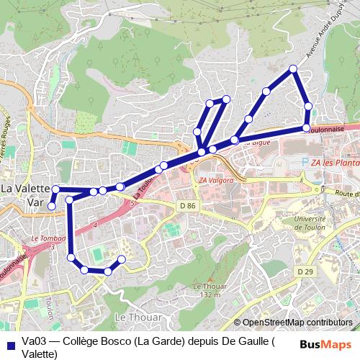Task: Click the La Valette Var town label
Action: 24,195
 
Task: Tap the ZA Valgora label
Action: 215,180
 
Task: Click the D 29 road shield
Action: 305,271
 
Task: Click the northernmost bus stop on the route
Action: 293,68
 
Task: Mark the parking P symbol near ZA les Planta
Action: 305,163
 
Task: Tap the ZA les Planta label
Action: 335,163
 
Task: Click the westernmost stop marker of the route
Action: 51,206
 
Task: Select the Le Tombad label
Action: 48,238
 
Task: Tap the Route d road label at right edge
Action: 346,194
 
